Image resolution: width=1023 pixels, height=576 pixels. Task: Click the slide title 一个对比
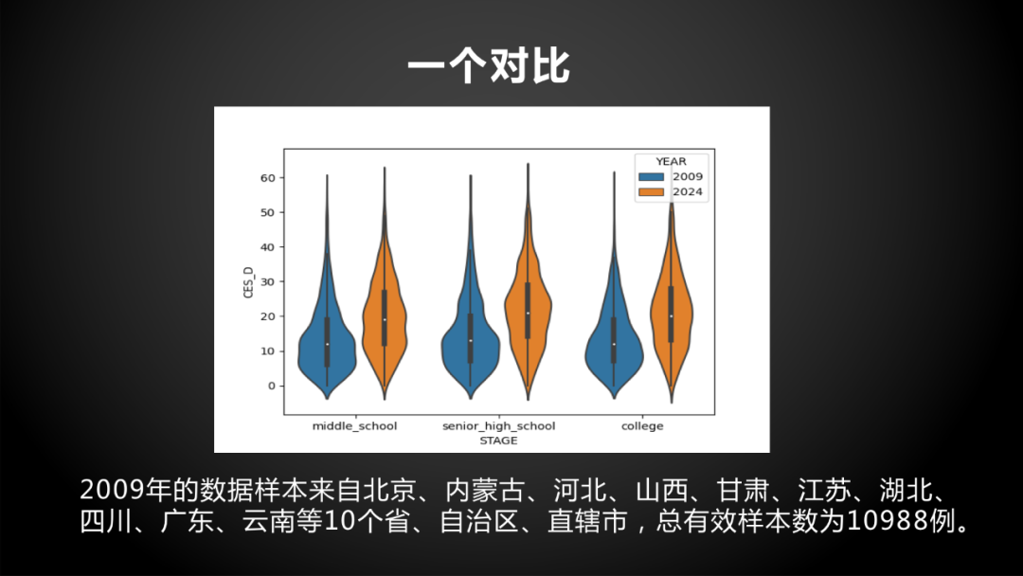[x=489, y=66]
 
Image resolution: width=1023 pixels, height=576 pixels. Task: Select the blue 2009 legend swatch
[x=651, y=177]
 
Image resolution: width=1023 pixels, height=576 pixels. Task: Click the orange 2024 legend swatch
[x=651, y=191]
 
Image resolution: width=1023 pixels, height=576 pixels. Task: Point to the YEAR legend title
[x=671, y=161]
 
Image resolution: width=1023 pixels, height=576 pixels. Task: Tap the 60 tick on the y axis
[x=267, y=177]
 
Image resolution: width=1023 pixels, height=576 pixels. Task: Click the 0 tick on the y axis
[x=272, y=386]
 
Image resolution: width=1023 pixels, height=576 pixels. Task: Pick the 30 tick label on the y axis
[x=267, y=281]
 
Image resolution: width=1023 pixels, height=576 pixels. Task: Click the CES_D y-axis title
[x=248, y=281]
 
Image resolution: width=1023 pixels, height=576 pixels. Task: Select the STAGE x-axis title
[x=498, y=441]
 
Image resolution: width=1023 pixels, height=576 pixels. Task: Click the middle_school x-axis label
[x=354, y=426]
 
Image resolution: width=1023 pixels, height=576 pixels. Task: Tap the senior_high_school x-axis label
[x=498, y=426]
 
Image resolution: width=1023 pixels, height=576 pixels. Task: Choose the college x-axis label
[x=642, y=426]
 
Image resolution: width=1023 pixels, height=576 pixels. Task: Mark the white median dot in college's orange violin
[x=672, y=316]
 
